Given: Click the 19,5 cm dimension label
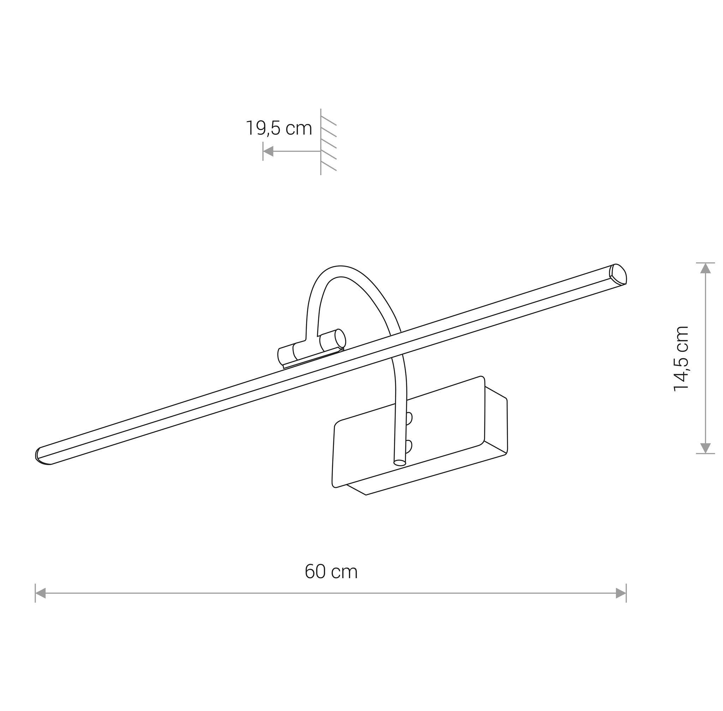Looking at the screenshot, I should (279, 129).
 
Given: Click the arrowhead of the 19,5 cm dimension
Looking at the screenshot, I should (268, 151).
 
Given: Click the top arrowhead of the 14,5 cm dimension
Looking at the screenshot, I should (705, 268).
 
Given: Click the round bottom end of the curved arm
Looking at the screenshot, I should (399, 463).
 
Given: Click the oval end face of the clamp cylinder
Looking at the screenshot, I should (340, 338).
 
